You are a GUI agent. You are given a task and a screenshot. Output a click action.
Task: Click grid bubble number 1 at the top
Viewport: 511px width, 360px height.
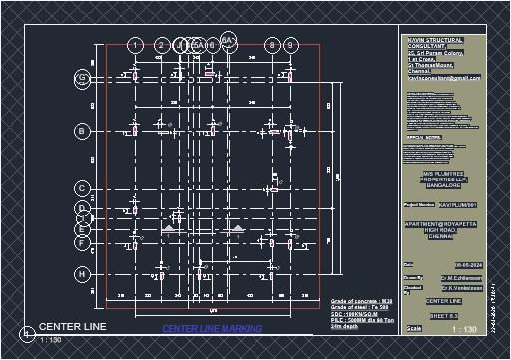pyautogui.click(x=135, y=45)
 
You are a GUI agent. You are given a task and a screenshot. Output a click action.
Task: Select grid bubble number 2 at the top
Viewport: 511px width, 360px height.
pyautogui.click(x=161, y=45)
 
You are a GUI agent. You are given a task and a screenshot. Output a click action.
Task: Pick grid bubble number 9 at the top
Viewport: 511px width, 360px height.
pyautogui.click(x=290, y=45)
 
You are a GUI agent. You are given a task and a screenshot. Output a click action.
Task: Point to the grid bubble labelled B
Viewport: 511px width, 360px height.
pyautogui.click(x=82, y=130)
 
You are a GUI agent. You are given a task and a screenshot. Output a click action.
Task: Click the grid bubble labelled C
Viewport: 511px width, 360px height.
pyautogui.click(x=82, y=187)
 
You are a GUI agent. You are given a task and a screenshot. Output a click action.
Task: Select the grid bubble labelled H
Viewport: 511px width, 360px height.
pyautogui.click(x=82, y=272)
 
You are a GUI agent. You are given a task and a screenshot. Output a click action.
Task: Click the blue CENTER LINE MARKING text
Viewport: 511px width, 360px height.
pyautogui.click(x=212, y=328)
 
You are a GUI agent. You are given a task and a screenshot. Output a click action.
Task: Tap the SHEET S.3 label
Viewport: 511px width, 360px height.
pyautogui.click(x=443, y=314)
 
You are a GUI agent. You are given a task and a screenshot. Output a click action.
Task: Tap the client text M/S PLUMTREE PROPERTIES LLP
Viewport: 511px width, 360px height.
pyautogui.click(x=443, y=178)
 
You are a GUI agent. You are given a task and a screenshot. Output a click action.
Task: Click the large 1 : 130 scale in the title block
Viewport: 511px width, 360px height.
pyautogui.click(x=464, y=329)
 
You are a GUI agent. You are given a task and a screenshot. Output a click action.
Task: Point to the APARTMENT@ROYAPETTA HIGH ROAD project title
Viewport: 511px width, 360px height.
pyautogui.click(x=443, y=229)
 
